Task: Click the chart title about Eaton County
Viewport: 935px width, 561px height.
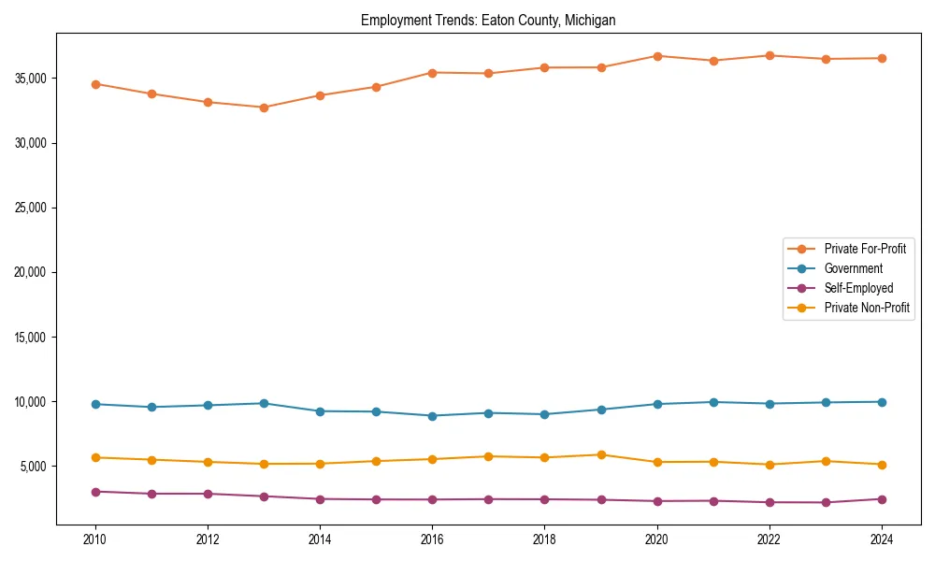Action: point(488,20)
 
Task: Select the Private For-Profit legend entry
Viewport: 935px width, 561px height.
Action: point(865,249)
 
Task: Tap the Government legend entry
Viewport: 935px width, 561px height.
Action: point(853,268)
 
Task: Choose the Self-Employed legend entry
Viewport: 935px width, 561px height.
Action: point(858,288)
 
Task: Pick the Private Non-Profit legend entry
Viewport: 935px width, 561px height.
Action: point(867,308)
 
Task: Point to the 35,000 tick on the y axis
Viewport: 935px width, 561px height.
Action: point(32,79)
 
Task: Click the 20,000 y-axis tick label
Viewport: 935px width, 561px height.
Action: point(32,272)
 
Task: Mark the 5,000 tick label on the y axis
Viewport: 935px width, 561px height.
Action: point(35,467)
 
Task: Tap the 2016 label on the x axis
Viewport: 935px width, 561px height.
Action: point(432,539)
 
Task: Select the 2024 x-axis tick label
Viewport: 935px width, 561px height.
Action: point(882,539)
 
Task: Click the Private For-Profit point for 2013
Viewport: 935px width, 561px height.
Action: point(264,108)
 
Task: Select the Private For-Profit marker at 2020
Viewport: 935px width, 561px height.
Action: point(657,56)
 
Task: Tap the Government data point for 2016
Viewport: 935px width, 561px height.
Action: point(432,416)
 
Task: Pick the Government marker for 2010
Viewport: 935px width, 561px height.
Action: point(95,404)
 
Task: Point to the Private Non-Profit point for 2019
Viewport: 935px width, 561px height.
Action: point(601,454)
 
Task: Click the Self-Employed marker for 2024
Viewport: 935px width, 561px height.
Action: point(882,499)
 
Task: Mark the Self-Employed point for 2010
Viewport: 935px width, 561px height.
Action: point(95,492)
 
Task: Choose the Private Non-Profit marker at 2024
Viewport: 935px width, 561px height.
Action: point(882,465)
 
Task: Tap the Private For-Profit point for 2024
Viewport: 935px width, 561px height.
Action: point(882,58)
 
